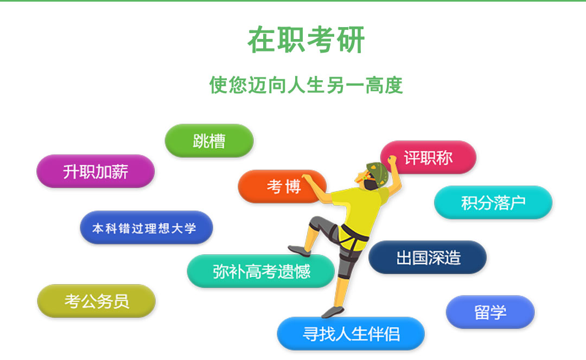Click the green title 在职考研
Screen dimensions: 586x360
coord(305,40)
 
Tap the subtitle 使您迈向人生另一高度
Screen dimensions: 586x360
coord(305,85)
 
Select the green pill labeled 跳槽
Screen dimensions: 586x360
coord(209,141)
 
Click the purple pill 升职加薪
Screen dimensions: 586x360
coord(95,171)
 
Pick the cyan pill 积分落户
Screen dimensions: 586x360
coord(493,202)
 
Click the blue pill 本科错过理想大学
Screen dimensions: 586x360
coord(146,227)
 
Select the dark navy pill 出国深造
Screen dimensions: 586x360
coord(428,258)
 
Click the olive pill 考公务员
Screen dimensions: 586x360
coord(97,301)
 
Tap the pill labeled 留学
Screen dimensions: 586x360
coord(491,312)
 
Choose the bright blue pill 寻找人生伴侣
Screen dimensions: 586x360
coord(351,334)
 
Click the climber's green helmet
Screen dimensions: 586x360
coord(378,173)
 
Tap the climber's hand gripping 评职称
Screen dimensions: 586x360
coord(392,160)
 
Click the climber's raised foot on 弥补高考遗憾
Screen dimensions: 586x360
coord(299,250)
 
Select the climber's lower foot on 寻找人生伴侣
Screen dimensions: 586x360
coord(332,312)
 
